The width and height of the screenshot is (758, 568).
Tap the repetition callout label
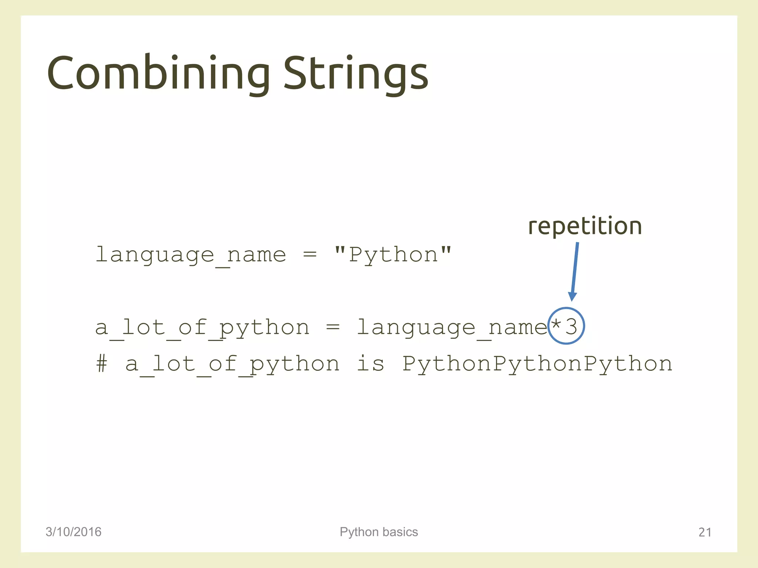point(585,226)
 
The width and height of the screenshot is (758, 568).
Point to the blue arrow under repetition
point(574,272)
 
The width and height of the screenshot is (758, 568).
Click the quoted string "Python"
point(393,255)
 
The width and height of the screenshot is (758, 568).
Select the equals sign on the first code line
point(310,255)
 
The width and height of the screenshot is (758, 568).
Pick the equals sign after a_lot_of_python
point(333,327)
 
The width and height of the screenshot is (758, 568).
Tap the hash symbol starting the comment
point(102,364)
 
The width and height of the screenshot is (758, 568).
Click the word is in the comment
point(370,364)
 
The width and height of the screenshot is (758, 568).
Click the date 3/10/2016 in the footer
point(73,532)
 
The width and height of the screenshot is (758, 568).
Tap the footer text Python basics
point(379,532)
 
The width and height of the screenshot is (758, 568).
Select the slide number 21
point(705,532)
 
